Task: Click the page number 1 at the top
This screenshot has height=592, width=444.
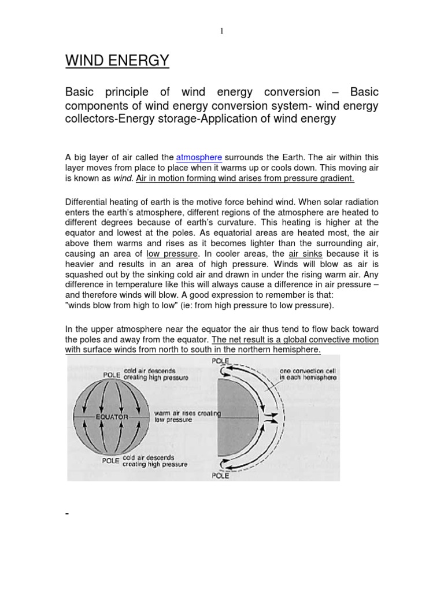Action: click(x=221, y=31)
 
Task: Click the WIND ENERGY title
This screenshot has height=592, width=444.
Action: click(x=117, y=60)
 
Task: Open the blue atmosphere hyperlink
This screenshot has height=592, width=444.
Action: click(x=199, y=157)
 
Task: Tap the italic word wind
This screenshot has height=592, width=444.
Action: click(x=123, y=178)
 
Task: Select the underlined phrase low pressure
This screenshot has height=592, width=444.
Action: click(x=172, y=254)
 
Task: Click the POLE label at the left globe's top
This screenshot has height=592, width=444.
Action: click(x=112, y=375)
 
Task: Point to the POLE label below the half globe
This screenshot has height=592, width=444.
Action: click(x=220, y=476)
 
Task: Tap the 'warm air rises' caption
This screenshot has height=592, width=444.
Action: click(x=188, y=413)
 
